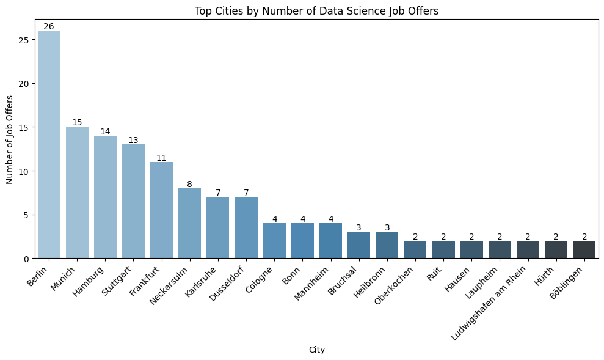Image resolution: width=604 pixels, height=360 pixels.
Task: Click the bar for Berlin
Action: pyautogui.click(x=49, y=144)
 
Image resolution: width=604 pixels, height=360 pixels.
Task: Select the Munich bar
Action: pyautogui.click(x=77, y=193)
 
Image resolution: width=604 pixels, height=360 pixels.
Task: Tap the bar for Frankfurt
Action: pyautogui.click(x=162, y=210)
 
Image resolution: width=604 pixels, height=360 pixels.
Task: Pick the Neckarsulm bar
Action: pyautogui.click(x=190, y=223)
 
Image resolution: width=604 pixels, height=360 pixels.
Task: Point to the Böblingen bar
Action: pyautogui.click(x=584, y=249)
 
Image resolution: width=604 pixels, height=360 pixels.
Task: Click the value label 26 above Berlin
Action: pyautogui.click(x=49, y=26)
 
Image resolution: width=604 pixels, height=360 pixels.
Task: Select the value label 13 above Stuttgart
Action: pyautogui.click(x=133, y=140)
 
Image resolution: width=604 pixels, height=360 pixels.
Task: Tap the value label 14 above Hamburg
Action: pyautogui.click(x=105, y=131)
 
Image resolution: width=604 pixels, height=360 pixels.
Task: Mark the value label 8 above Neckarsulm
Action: pyautogui.click(x=190, y=184)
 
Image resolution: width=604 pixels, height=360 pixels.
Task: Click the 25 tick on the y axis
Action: pyautogui.click(x=25, y=40)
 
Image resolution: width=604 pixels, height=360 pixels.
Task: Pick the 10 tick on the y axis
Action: pyautogui.click(x=25, y=171)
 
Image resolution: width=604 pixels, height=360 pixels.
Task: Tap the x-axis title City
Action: pyautogui.click(x=316, y=350)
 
